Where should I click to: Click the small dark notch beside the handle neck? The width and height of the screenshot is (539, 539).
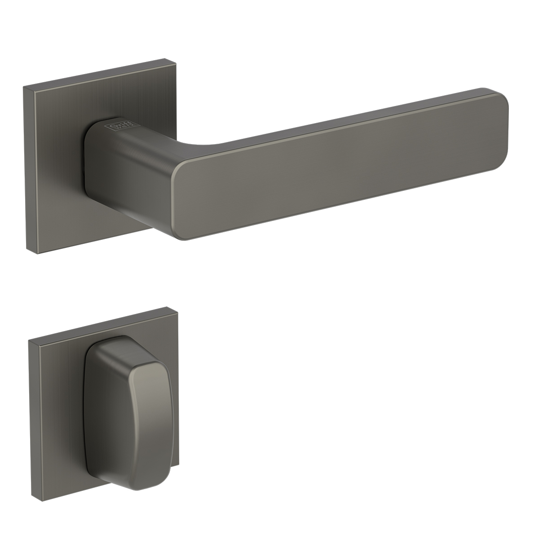click(84, 172)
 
